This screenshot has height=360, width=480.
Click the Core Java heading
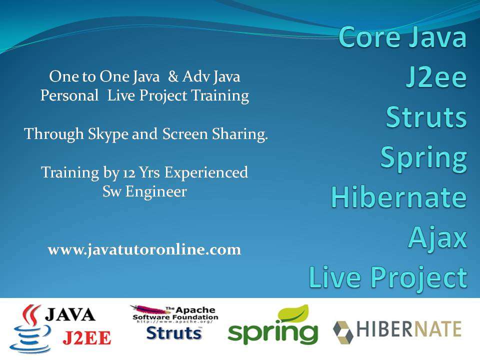point(402,36)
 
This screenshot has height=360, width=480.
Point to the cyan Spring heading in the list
point(423,158)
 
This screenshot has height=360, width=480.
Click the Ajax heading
point(438,238)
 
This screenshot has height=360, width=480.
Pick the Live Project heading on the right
point(388,277)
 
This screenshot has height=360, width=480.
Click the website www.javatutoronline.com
point(144,250)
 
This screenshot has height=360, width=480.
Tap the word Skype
point(108,134)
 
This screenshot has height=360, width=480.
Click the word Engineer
point(156,192)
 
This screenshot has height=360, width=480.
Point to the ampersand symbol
point(173,76)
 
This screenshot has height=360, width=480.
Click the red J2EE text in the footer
point(87,338)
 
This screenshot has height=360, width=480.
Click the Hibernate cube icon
point(343,332)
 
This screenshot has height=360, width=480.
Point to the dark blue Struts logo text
point(174,333)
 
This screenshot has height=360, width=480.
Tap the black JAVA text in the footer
point(70,314)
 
